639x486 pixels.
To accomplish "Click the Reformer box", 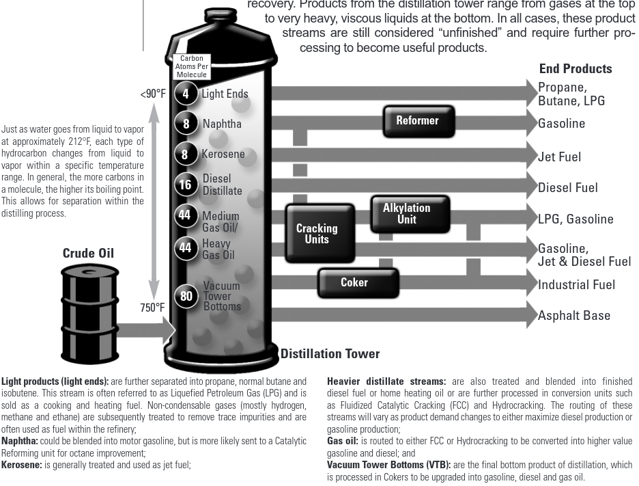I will pyautogui.click(x=418, y=121).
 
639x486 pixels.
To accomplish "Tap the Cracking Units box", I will pyautogui.click(x=317, y=234).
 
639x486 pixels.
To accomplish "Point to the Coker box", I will pyautogui.click(x=354, y=282).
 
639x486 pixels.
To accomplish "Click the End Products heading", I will pyautogui.click(x=576, y=68).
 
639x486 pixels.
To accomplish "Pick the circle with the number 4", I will pyautogui.click(x=185, y=94).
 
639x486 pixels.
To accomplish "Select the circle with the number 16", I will pyautogui.click(x=185, y=185).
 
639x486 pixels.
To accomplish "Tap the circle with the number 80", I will pyautogui.click(x=186, y=296).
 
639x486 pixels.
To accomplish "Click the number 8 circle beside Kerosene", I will pyautogui.click(x=185, y=154).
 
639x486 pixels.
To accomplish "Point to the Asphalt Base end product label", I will pyautogui.click(x=574, y=316).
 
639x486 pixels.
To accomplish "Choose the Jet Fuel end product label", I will pyautogui.click(x=560, y=157).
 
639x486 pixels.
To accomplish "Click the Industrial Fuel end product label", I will pyautogui.click(x=577, y=285).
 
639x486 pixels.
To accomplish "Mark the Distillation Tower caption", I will pyautogui.click(x=330, y=354).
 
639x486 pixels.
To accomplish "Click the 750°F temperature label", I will pyautogui.click(x=152, y=308).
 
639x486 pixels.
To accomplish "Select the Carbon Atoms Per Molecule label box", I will pyautogui.click(x=191, y=67).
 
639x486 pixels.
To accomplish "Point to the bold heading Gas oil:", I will pyautogui.click(x=343, y=442).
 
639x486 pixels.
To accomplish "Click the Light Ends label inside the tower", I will pyautogui.click(x=225, y=94).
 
